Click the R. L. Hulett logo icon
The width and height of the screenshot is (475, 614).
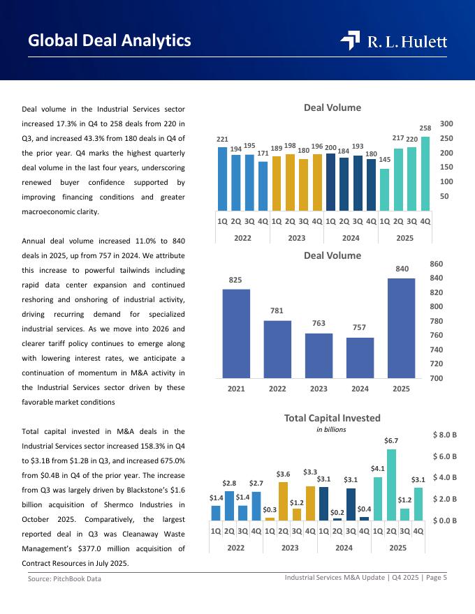point(350,41)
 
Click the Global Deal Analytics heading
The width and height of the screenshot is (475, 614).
point(110,41)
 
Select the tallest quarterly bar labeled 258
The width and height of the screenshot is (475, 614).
point(425,173)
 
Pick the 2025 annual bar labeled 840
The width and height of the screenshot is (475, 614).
point(401,328)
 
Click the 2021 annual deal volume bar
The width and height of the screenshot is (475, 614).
point(236,333)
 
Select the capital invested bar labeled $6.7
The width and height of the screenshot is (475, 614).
point(391,484)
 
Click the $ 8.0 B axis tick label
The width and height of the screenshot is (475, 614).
point(445,435)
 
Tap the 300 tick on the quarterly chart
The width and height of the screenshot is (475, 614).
point(446,123)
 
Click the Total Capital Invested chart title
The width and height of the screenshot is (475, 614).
point(332,418)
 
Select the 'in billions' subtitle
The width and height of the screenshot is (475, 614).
point(331,430)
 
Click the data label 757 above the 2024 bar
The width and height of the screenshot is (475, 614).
point(360,327)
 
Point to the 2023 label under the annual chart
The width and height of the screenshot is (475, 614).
point(319,389)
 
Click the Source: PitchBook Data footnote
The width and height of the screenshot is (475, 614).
point(64,579)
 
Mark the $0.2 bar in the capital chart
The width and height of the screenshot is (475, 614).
point(337,518)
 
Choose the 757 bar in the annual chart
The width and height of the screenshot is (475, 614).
point(360,357)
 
